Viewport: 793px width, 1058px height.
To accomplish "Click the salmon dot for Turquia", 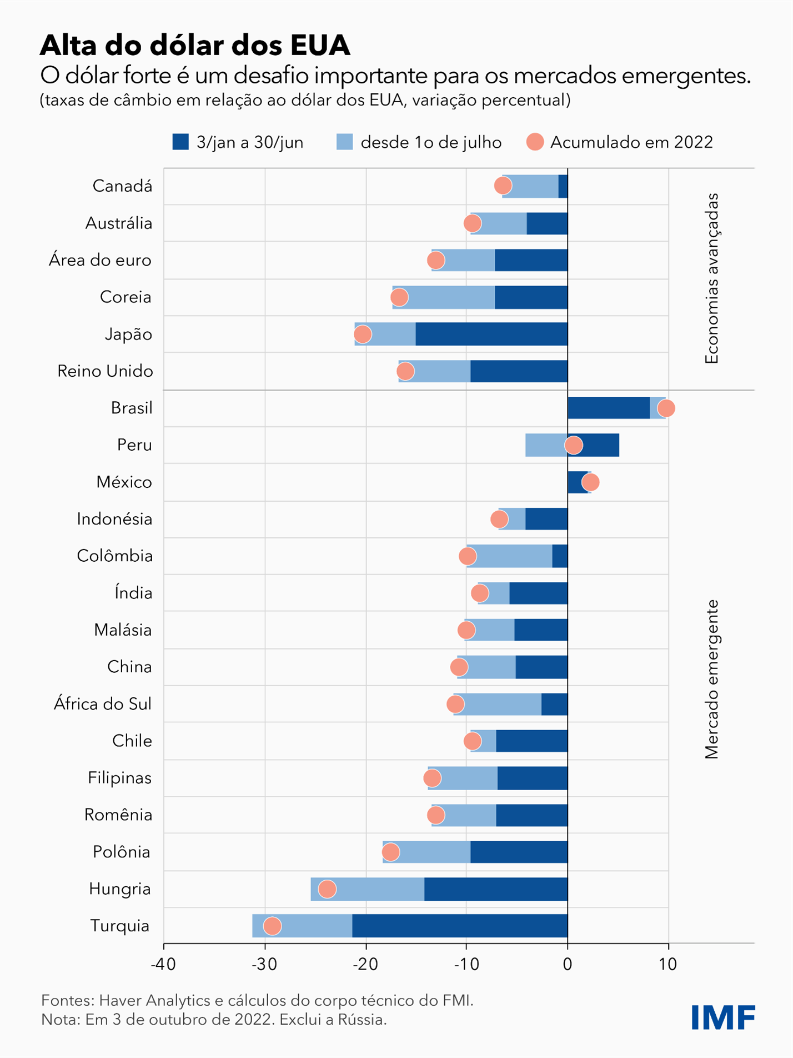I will (x=272, y=926).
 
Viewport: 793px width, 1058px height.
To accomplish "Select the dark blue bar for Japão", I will (x=491, y=334).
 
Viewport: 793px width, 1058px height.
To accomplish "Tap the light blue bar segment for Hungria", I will (x=378, y=889).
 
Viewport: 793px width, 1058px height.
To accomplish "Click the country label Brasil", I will (x=132, y=408).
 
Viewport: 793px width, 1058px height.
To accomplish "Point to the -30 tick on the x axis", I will (x=265, y=964).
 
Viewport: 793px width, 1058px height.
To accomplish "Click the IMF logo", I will (x=723, y=1017).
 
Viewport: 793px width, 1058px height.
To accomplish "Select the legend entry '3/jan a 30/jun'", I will (x=239, y=142).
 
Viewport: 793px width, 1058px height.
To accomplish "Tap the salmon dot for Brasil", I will (x=666, y=408).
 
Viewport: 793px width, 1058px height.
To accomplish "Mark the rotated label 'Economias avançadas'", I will (x=711, y=278).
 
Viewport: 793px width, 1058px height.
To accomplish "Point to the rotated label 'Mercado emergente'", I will (x=711, y=679).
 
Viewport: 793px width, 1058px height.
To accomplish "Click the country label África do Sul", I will (x=103, y=704).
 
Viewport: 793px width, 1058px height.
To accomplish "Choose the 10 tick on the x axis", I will (x=668, y=964).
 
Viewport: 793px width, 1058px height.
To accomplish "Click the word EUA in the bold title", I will (x=323, y=46).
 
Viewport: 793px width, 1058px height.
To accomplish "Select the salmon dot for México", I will (x=590, y=482).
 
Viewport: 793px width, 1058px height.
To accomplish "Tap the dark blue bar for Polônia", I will (x=519, y=852).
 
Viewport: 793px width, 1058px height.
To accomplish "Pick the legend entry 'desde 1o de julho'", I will (x=420, y=142).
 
